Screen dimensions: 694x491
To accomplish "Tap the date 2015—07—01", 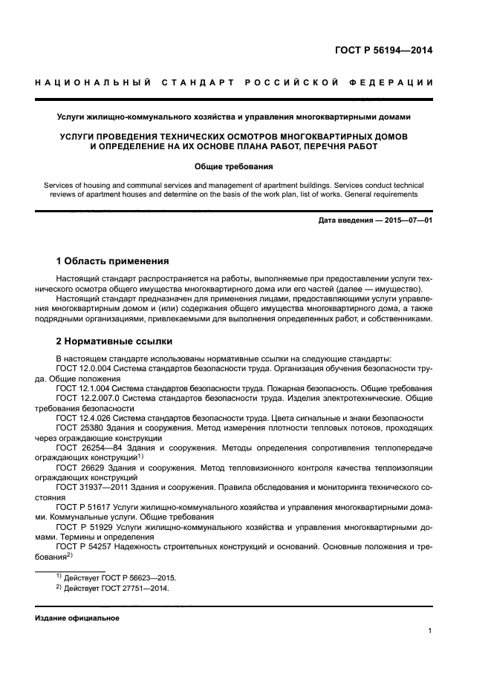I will (407, 220).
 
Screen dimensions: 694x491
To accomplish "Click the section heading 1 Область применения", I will (113, 261).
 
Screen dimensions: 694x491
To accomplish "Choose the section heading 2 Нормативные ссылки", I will (114, 341).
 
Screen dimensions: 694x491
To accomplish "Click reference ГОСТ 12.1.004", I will (86, 388).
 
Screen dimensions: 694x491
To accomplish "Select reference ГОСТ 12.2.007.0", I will (90, 398).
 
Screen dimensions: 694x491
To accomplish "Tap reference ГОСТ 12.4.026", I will (86, 418).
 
